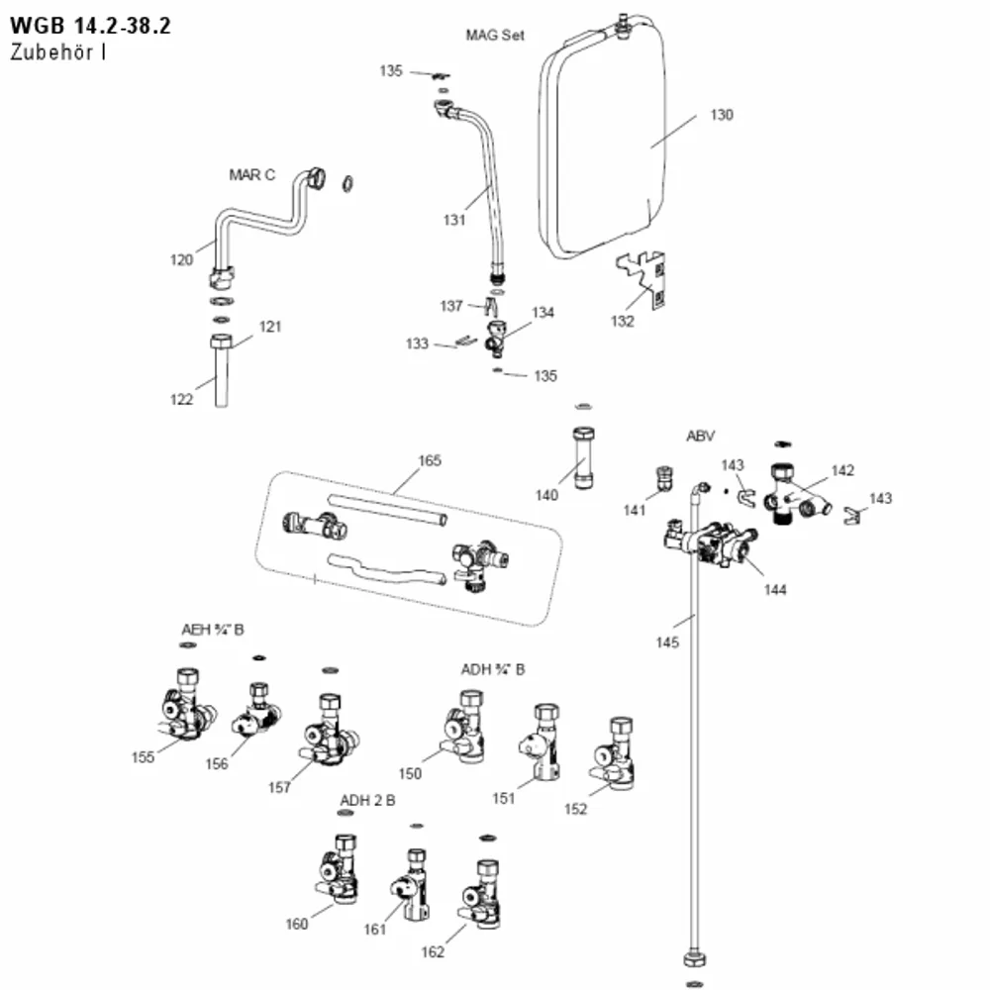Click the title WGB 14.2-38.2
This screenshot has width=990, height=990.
tap(90, 26)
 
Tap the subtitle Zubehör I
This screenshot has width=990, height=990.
tap(57, 51)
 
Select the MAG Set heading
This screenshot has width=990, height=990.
tap(495, 36)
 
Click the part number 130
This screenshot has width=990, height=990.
tap(722, 115)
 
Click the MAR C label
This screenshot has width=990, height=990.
tap(251, 175)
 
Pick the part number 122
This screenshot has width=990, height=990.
tap(181, 400)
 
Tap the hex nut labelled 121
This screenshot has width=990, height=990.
tap(221, 343)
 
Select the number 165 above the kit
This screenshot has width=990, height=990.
tap(430, 461)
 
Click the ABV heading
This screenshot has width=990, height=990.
tap(700, 437)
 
